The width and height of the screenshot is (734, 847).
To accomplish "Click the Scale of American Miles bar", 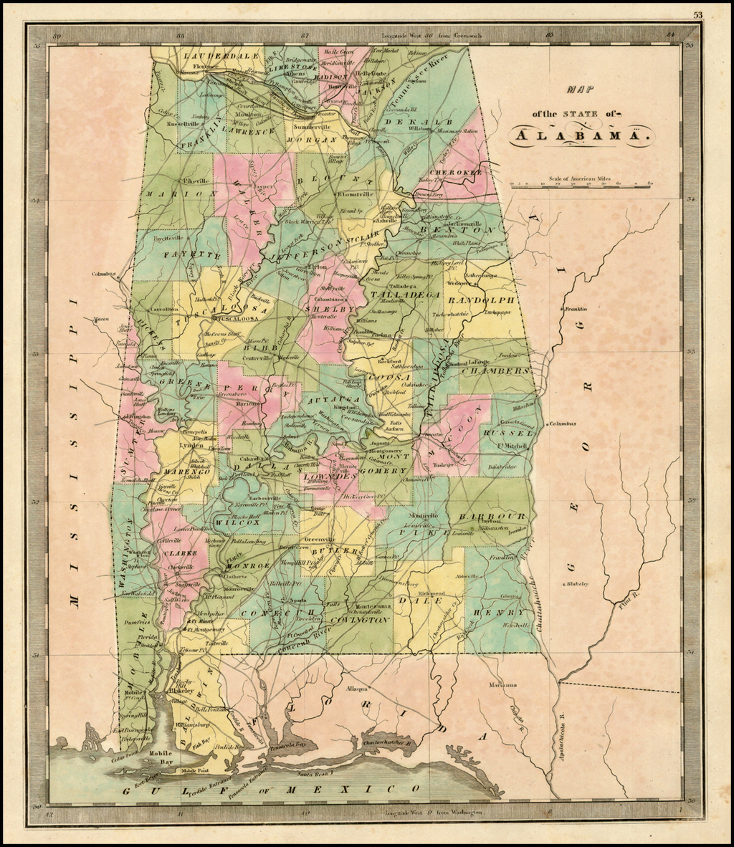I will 581,185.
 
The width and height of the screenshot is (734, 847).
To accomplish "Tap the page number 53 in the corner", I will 697,15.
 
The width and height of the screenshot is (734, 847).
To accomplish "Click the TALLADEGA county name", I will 404,295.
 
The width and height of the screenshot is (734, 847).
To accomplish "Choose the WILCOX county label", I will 244,522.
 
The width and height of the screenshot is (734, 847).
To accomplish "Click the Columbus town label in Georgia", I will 563,423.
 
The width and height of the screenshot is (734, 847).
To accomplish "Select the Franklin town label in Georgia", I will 576,309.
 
